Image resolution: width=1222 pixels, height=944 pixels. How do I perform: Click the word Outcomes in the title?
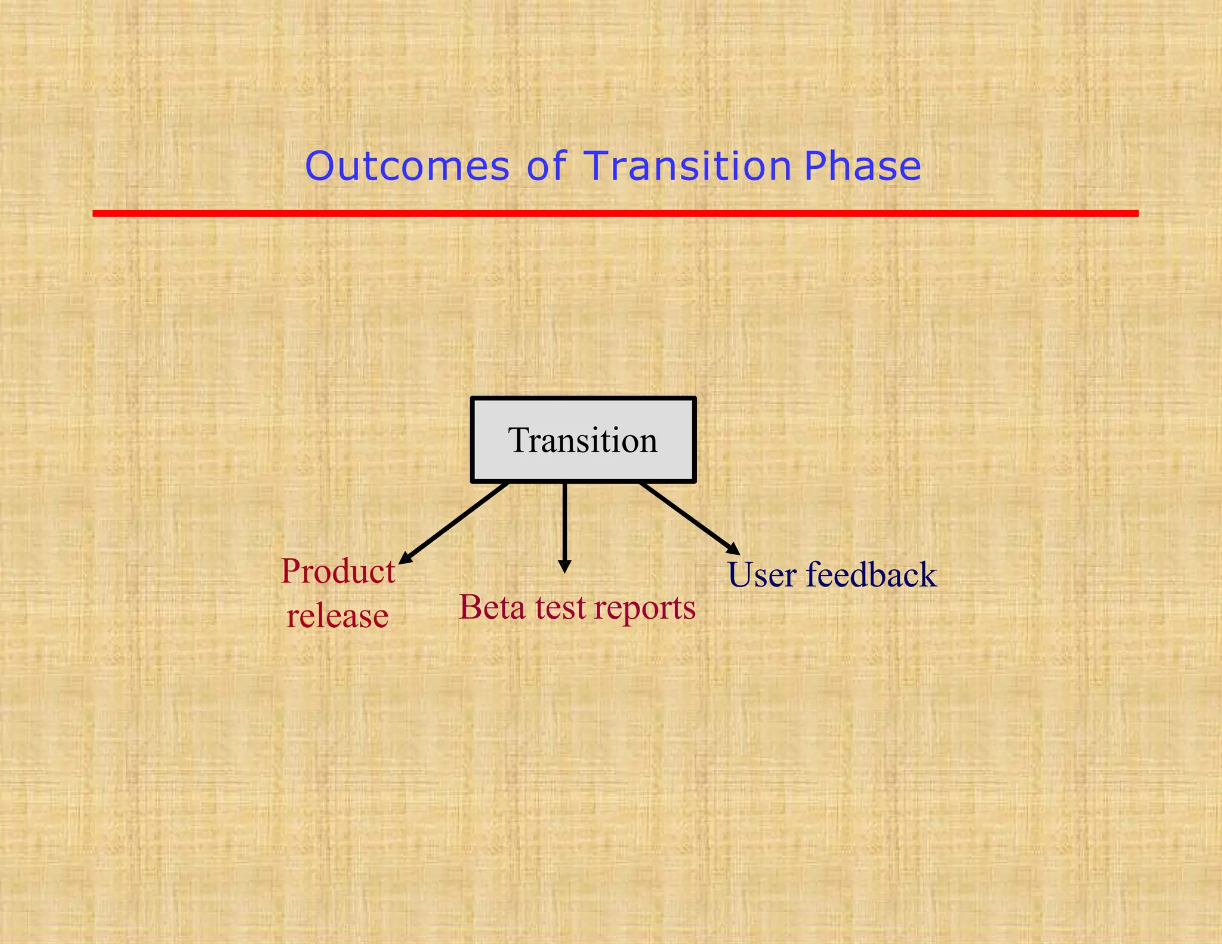click(407, 166)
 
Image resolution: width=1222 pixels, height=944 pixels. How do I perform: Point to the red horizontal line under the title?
click(615, 213)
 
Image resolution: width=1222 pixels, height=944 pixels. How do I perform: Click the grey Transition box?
click(583, 440)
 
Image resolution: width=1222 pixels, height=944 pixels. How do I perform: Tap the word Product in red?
click(338, 572)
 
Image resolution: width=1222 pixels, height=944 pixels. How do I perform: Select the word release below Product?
click(337, 616)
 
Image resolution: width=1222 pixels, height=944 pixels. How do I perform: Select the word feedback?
click(871, 575)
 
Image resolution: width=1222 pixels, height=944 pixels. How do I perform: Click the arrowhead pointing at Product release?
click(405, 559)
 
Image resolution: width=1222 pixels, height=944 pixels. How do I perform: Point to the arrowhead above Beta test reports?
click(564, 566)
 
